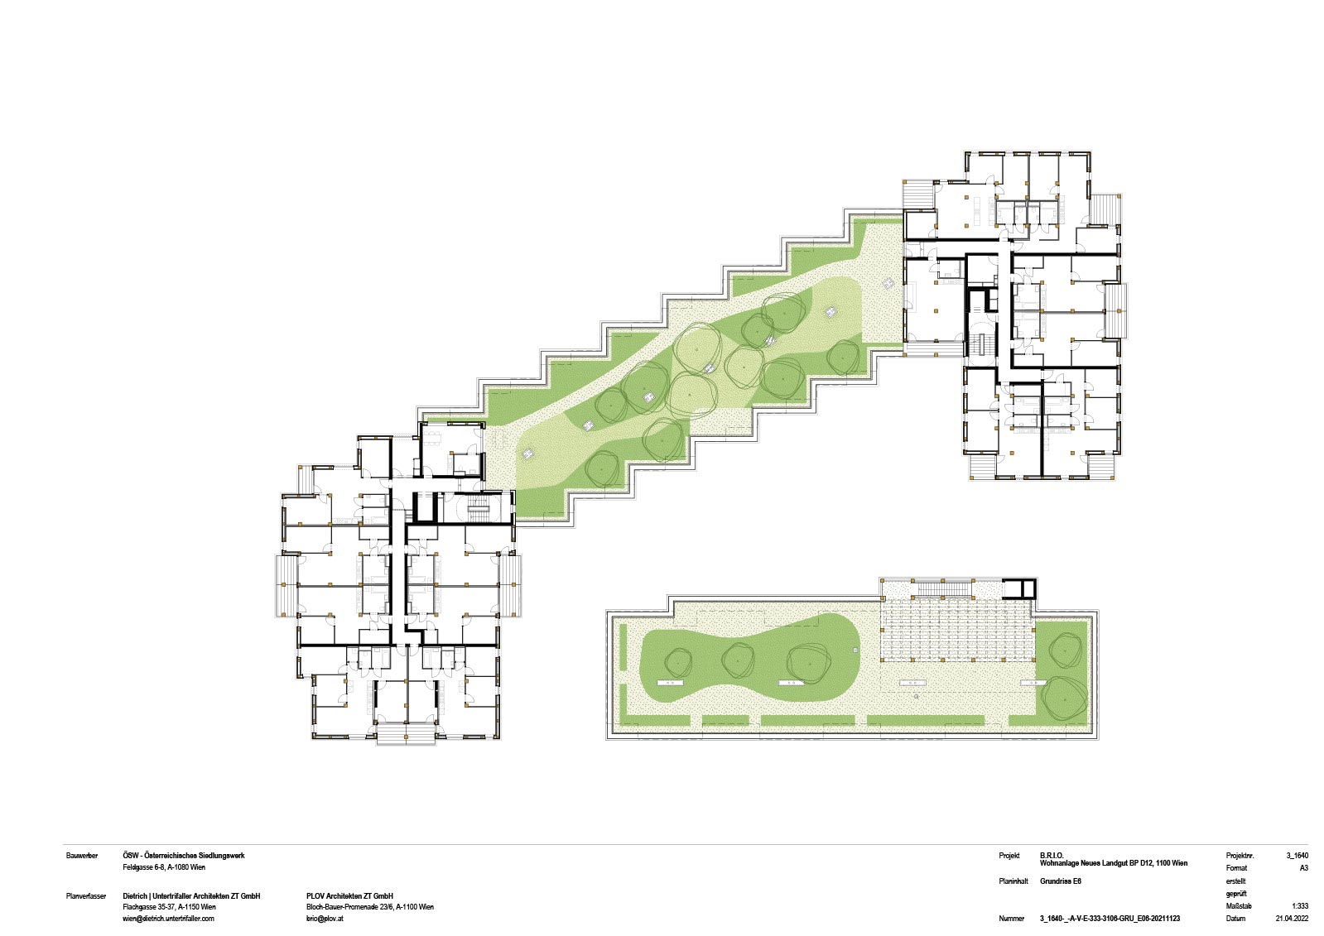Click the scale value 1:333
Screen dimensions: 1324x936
coord(1300,906)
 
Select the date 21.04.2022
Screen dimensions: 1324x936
coord(1292,919)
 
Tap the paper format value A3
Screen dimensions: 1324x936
coord(1304,868)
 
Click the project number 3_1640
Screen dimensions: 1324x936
coord(1298,855)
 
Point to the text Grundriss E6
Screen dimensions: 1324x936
coord(1061,881)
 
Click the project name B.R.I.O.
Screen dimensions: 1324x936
coord(1052,855)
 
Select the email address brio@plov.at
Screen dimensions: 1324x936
coord(325,919)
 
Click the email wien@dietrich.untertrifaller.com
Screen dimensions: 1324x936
coord(168,919)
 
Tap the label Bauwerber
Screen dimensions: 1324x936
coord(82,855)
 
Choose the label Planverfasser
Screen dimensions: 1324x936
coord(86,895)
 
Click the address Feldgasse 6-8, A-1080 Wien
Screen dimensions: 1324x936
coord(164,867)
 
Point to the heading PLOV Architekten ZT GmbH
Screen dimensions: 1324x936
coord(349,895)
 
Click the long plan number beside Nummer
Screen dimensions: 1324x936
coord(1110,919)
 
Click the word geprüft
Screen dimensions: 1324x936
coord(1236,894)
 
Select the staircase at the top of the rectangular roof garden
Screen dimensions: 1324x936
coord(944,589)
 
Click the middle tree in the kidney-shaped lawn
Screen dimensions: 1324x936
coord(738,660)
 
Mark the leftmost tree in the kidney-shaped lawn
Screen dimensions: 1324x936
coord(678,662)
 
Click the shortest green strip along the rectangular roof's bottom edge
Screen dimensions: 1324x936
coord(725,720)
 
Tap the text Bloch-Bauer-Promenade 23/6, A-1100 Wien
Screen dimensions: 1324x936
coord(370,907)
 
